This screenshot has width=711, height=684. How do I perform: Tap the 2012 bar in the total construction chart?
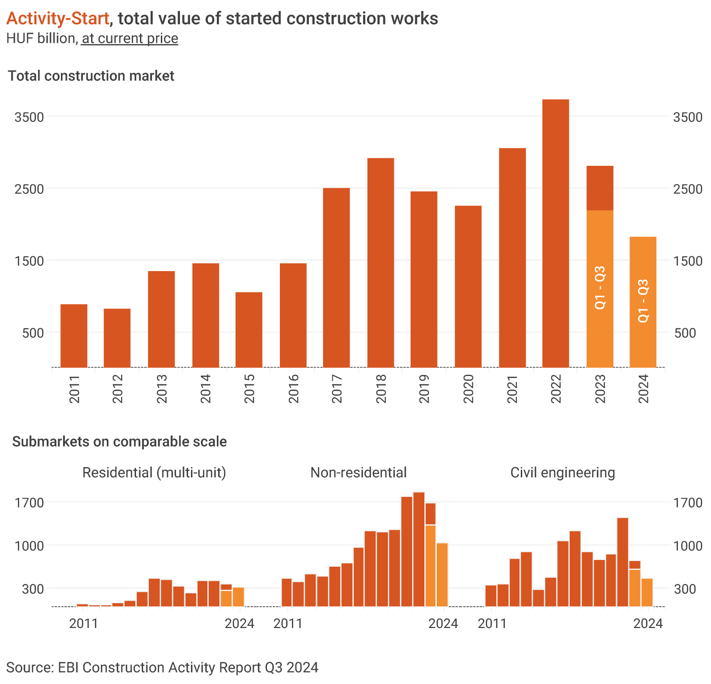[117, 338]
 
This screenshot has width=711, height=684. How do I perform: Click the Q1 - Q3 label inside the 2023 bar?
[600, 288]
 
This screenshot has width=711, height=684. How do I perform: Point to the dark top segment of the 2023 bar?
[600, 188]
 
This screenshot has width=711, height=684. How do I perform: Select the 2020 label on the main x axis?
[468, 389]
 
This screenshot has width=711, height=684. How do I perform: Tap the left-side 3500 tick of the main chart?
[29, 117]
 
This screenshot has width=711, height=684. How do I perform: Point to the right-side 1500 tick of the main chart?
[688, 261]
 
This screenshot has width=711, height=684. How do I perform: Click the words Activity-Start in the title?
[58, 18]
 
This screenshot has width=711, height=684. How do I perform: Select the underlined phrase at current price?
[130, 39]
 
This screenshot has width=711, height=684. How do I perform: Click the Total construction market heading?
[91, 76]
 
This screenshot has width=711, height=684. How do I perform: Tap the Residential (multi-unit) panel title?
[154, 472]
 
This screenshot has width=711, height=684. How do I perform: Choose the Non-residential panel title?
[358, 472]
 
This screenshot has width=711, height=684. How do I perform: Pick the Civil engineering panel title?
[563, 472]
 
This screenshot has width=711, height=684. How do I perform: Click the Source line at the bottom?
[162, 668]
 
